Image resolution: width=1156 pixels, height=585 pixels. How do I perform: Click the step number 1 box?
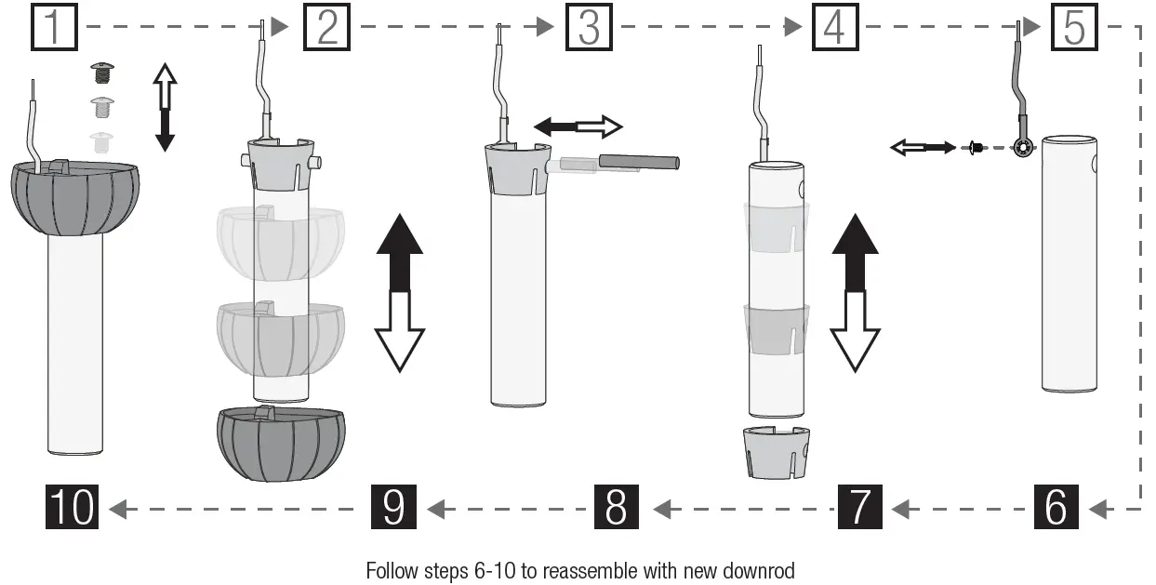tap(55, 27)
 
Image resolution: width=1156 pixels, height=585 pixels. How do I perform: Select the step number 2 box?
tap(326, 27)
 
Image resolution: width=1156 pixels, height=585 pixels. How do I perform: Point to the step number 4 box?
tap(834, 27)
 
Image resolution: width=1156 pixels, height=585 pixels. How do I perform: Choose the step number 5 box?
tap(1074, 27)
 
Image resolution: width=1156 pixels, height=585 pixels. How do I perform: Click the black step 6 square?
tap(1056, 508)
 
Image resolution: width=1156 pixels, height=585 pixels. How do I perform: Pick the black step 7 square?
tap(859, 508)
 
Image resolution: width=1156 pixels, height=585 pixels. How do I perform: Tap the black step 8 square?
tap(616, 508)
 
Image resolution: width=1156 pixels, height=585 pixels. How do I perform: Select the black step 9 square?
tap(393, 508)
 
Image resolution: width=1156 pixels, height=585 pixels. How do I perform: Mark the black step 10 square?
tap(72, 508)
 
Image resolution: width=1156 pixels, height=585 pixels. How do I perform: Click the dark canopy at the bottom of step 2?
tap(280, 444)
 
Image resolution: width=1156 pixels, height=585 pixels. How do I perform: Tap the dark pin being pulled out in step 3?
tap(639, 162)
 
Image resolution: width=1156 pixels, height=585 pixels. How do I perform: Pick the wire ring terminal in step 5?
tap(1023, 147)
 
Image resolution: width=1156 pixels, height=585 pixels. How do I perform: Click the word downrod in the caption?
tap(762, 570)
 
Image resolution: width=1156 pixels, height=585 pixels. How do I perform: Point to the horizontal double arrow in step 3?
tap(578, 126)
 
